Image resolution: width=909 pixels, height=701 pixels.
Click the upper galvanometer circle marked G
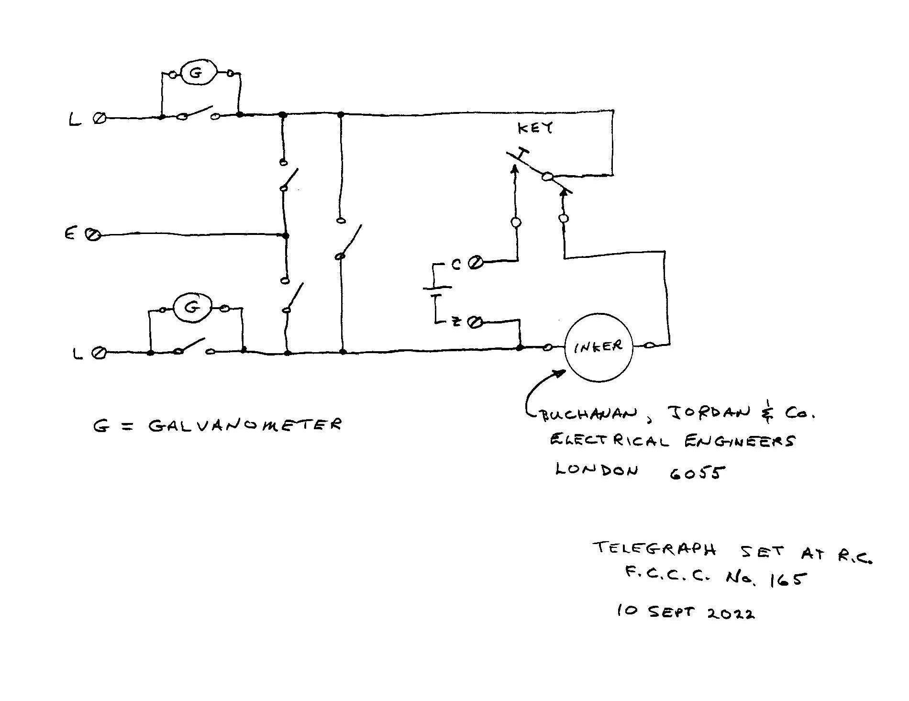[x=199, y=73]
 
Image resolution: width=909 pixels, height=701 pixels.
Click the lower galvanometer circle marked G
[x=192, y=308]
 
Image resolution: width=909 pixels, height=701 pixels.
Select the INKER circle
[x=599, y=347]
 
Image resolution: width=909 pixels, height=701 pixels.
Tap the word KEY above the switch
[x=535, y=128]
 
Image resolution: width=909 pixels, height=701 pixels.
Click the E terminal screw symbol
[x=94, y=234]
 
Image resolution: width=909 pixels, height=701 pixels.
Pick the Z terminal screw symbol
[x=475, y=323]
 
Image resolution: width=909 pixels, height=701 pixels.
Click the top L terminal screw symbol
[x=100, y=118]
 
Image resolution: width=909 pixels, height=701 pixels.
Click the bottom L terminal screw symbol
[x=99, y=354]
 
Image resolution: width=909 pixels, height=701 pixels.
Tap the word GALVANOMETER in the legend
[x=245, y=425]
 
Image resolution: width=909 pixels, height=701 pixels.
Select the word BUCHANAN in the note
[x=590, y=415]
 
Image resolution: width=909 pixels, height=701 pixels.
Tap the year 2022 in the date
[x=731, y=613]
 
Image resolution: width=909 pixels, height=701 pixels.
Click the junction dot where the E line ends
[x=286, y=235]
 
